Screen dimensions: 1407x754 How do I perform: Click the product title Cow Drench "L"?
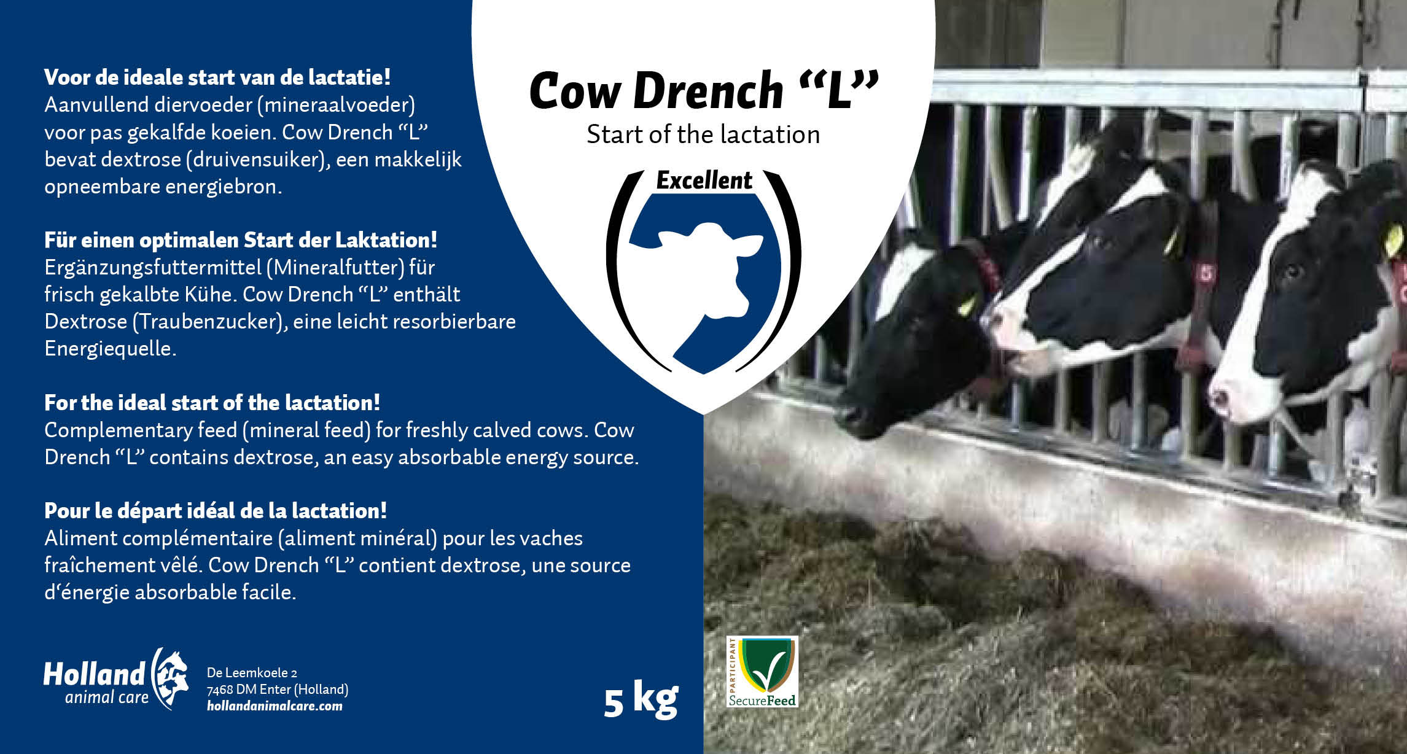tap(704, 91)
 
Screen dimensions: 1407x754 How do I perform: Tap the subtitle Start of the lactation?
tap(703, 135)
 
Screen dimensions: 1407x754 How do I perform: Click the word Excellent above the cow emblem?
tap(704, 181)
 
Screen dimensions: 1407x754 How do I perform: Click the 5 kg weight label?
tap(641, 699)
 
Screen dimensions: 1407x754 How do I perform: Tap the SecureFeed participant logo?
tap(762, 671)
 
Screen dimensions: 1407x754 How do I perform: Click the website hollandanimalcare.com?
tap(275, 706)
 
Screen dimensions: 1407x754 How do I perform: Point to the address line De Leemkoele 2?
tap(252, 673)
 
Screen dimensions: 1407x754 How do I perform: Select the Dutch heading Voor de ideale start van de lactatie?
tap(217, 78)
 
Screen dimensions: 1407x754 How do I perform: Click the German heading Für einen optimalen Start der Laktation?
tap(241, 240)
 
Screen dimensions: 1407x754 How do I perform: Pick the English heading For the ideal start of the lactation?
tap(212, 403)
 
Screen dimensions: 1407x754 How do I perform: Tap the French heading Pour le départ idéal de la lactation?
tap(216, 511)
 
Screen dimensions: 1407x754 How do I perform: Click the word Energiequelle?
tap(111, 349)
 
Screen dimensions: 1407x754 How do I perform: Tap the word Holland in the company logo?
tap(94, 674)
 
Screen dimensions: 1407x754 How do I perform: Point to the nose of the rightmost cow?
tap(1222, 399)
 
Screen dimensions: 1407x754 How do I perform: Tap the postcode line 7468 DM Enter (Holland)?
tap(278, 690)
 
